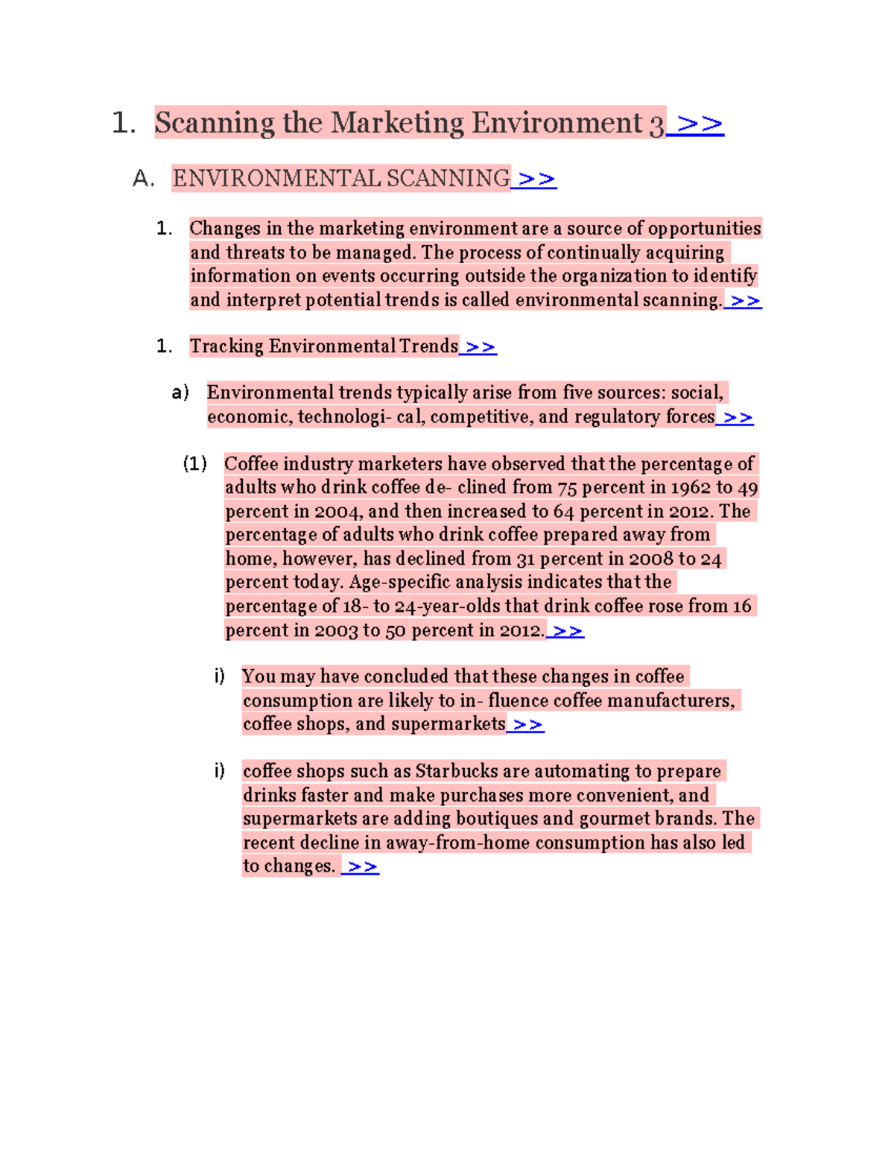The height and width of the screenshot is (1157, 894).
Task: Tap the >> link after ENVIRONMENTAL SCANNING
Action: [x=536, y=180]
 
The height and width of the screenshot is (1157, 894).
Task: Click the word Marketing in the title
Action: [x=397, y=123]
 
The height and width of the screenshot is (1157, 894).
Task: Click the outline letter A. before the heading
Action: [x=142, y=180]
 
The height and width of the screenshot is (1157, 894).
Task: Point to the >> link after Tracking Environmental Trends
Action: [x=479, y=347]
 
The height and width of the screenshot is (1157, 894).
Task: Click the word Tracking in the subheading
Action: [x=226, y=346]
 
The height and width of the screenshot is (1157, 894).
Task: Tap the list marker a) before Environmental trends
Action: [x=180, y=393]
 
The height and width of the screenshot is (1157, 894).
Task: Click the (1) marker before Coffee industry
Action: [x=194, y=464]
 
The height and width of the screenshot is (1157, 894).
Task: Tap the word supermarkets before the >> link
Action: [x=448, y=724]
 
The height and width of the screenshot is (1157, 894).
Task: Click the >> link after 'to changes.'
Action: [x=362, y=866]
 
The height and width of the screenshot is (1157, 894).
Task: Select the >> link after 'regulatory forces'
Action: [x=737, y=417]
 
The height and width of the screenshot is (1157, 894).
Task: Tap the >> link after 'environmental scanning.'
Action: [x=744, y=301]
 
